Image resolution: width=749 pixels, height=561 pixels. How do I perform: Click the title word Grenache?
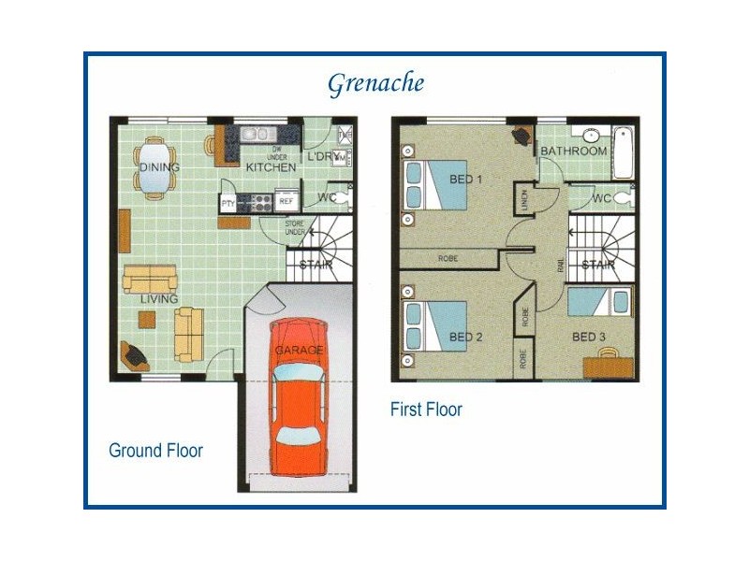[375, 83]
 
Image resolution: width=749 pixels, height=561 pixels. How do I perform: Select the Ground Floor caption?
[155, 451]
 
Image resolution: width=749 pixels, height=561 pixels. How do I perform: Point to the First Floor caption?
[426, 410]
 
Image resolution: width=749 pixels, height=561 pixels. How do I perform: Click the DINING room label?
[159, 167]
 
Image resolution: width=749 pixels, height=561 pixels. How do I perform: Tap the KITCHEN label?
[271, 167]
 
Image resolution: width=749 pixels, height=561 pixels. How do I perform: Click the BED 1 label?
[465, 180]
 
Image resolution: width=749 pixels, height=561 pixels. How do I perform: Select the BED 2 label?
[465, 337]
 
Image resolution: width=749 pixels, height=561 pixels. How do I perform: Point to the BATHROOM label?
[574, 151]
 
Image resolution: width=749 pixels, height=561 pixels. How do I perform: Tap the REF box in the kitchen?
[286, 201]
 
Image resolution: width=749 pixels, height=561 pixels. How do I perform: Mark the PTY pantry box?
[228, 202]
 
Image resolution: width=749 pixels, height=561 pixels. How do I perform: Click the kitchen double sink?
[256, 134]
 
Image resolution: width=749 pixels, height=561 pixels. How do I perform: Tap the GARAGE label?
[299, 350]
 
